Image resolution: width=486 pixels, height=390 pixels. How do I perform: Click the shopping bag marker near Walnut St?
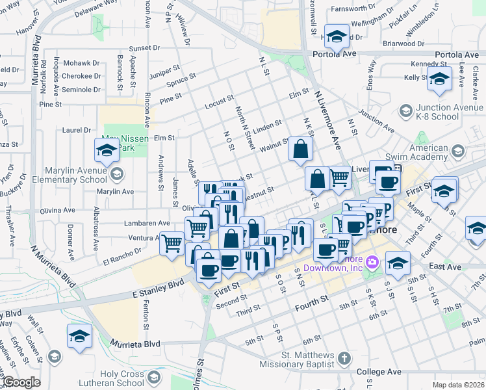coord(301,149)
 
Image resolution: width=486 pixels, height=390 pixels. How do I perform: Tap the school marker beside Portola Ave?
coord(337,38)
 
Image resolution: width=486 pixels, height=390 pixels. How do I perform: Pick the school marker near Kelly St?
coord(439,80)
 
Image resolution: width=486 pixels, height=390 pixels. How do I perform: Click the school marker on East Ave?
coord(398,263)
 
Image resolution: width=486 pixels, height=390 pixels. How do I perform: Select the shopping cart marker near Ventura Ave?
coord(172,243)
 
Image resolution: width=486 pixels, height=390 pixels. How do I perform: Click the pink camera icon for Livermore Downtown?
coord(372,263)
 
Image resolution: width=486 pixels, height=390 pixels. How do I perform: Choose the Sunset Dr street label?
coord(144,48)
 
